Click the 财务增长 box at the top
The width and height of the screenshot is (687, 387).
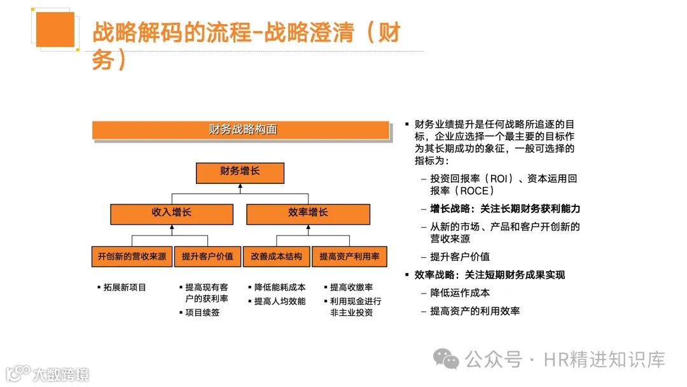coord(240,172)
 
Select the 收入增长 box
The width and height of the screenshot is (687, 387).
coord(171,213)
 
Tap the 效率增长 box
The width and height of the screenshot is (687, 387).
coord(308,213)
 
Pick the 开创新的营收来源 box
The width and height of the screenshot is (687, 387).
coord(132,257)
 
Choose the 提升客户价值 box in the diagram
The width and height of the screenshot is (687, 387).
coord(207,257)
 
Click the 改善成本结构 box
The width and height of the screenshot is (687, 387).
coord(277,257)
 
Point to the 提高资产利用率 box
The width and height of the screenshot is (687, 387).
coord(349,257)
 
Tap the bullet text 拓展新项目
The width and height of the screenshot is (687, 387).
coord(125,288)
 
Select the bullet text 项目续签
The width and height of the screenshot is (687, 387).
coord(202,313)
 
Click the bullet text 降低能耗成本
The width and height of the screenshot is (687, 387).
coord(280,288)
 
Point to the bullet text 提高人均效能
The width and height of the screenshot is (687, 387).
coord(280,301)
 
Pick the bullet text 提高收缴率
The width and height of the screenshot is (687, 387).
coord(351,288)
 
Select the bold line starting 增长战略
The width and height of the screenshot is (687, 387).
coord(505,209)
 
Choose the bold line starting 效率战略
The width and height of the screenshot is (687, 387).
coord(490,275)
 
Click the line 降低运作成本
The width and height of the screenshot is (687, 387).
coord(460,293)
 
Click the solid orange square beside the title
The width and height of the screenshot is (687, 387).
coord(55,29)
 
